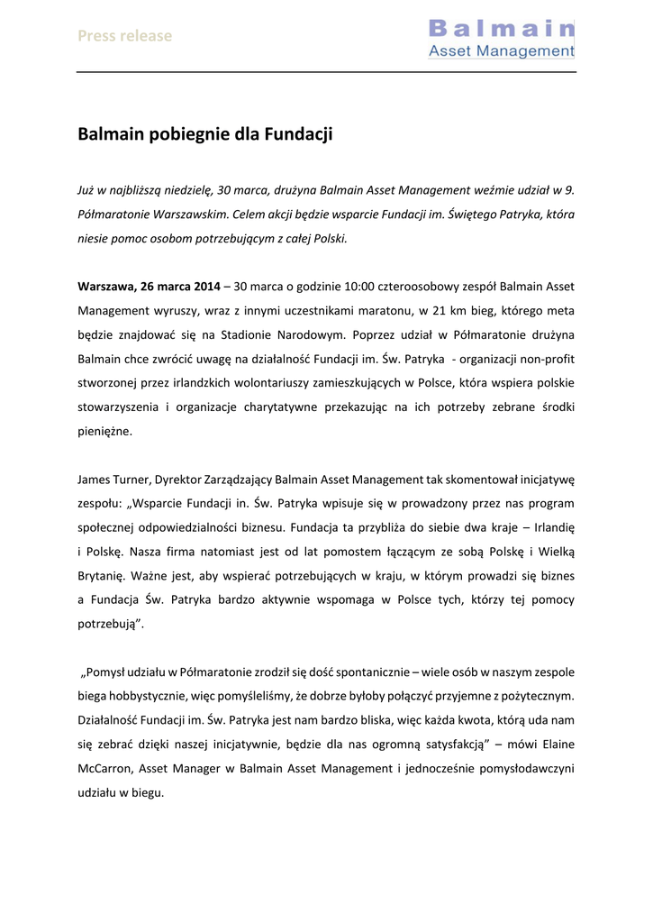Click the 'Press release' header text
pos(124,36)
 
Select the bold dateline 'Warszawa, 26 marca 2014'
pos(149,286)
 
